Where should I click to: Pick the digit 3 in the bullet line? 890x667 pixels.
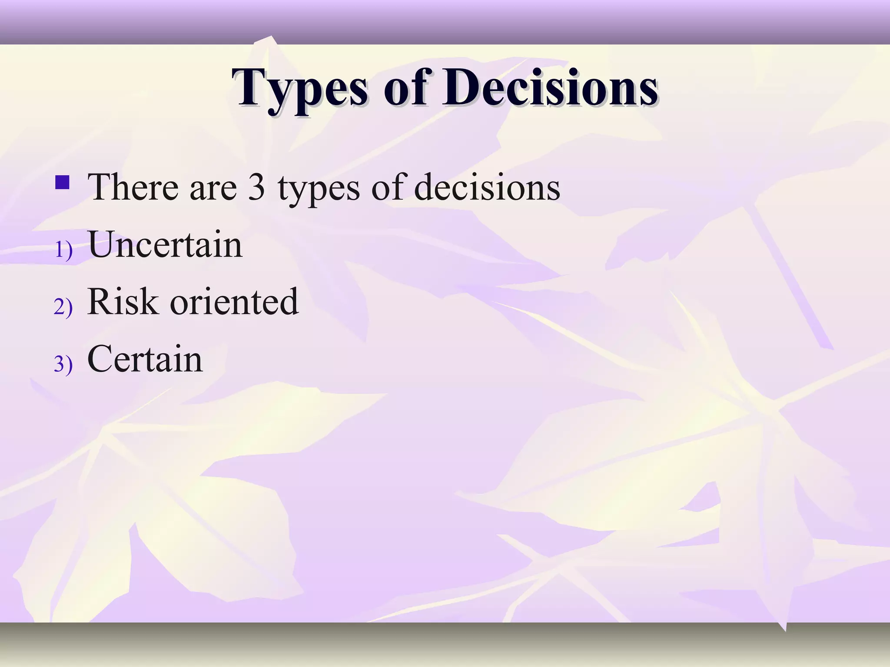click(256, 188)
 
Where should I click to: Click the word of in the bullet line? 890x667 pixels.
click(386, 188)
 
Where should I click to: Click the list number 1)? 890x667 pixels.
click(63, 251)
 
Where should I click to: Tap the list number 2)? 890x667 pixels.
click(63, 307)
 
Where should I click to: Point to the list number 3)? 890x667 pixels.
click(63, 364)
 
